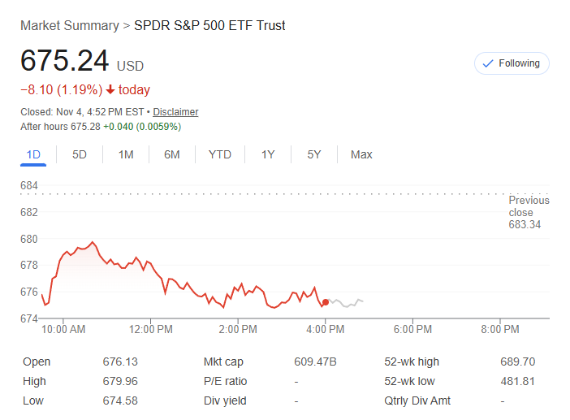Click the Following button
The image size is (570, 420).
coord(512,63)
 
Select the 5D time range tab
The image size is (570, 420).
coord(80,154)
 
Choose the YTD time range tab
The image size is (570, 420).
coord(219,154)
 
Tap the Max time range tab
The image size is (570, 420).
coord(361,154)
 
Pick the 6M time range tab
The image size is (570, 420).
coord(171,154)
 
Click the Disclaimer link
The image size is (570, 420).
coord(175,112)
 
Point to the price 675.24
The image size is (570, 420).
coord(65,62)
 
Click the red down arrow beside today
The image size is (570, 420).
coord(110,90)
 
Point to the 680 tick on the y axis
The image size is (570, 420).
coord(29,239)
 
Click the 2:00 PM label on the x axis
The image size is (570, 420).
coord(238,330)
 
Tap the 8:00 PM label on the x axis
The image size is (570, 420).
coord(499,330)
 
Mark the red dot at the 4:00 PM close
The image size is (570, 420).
coord(326,302)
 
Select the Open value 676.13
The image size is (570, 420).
coord(120,362)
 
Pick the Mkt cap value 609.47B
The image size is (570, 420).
coord(315,362)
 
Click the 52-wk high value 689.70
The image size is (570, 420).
coord(518,362)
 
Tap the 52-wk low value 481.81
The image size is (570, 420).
coord(518,381)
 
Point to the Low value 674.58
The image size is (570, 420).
coord(120,401)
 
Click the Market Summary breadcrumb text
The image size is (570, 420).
coord(69,25)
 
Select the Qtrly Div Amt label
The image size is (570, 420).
coord(417,401)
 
